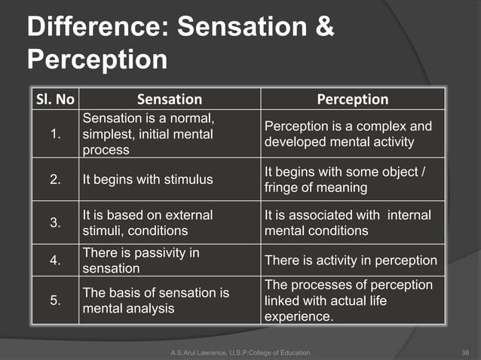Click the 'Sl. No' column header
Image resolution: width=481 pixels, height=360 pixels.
click(x=54, y=99)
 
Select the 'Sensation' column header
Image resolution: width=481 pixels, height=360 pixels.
click(x=170, y=99)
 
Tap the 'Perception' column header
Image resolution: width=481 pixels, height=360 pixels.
click(x=352, y=99)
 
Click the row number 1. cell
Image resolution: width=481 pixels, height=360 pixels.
click(x=54, y=134)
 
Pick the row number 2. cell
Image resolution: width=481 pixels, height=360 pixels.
click(x=54, y=180)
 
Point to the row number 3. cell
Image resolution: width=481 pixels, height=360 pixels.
click(x=54, y=223)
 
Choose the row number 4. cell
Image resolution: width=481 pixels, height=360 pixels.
click(x=54, y=261)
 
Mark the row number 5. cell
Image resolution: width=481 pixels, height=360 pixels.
click(x=54, y=301)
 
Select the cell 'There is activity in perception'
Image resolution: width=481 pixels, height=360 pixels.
click(x=351, y=261)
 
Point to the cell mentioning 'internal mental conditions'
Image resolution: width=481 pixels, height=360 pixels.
click(x=348, y=223)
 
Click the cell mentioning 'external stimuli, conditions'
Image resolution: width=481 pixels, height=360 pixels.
click(x=148, y=223)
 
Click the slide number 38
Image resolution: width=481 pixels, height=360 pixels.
click(x=464, y=352)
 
